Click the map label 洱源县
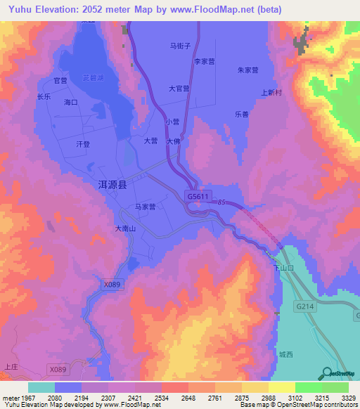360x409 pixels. (x=112, y=185)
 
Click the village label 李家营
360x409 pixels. (x=204, y=61)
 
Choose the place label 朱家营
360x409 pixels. (x=247, y=70)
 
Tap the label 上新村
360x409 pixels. (x=271, y=92)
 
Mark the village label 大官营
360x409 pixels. (x=179, y=89)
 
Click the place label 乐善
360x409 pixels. (x=242, y=115)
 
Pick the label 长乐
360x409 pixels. (x=44, y=97)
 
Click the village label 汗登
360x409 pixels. (x=83, y=144)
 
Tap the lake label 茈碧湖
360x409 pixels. (x=92, y=78)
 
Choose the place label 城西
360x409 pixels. (x=285, y=354)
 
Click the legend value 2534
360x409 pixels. (x=161, y=398)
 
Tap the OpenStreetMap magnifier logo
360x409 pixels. (x=326, y=373)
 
